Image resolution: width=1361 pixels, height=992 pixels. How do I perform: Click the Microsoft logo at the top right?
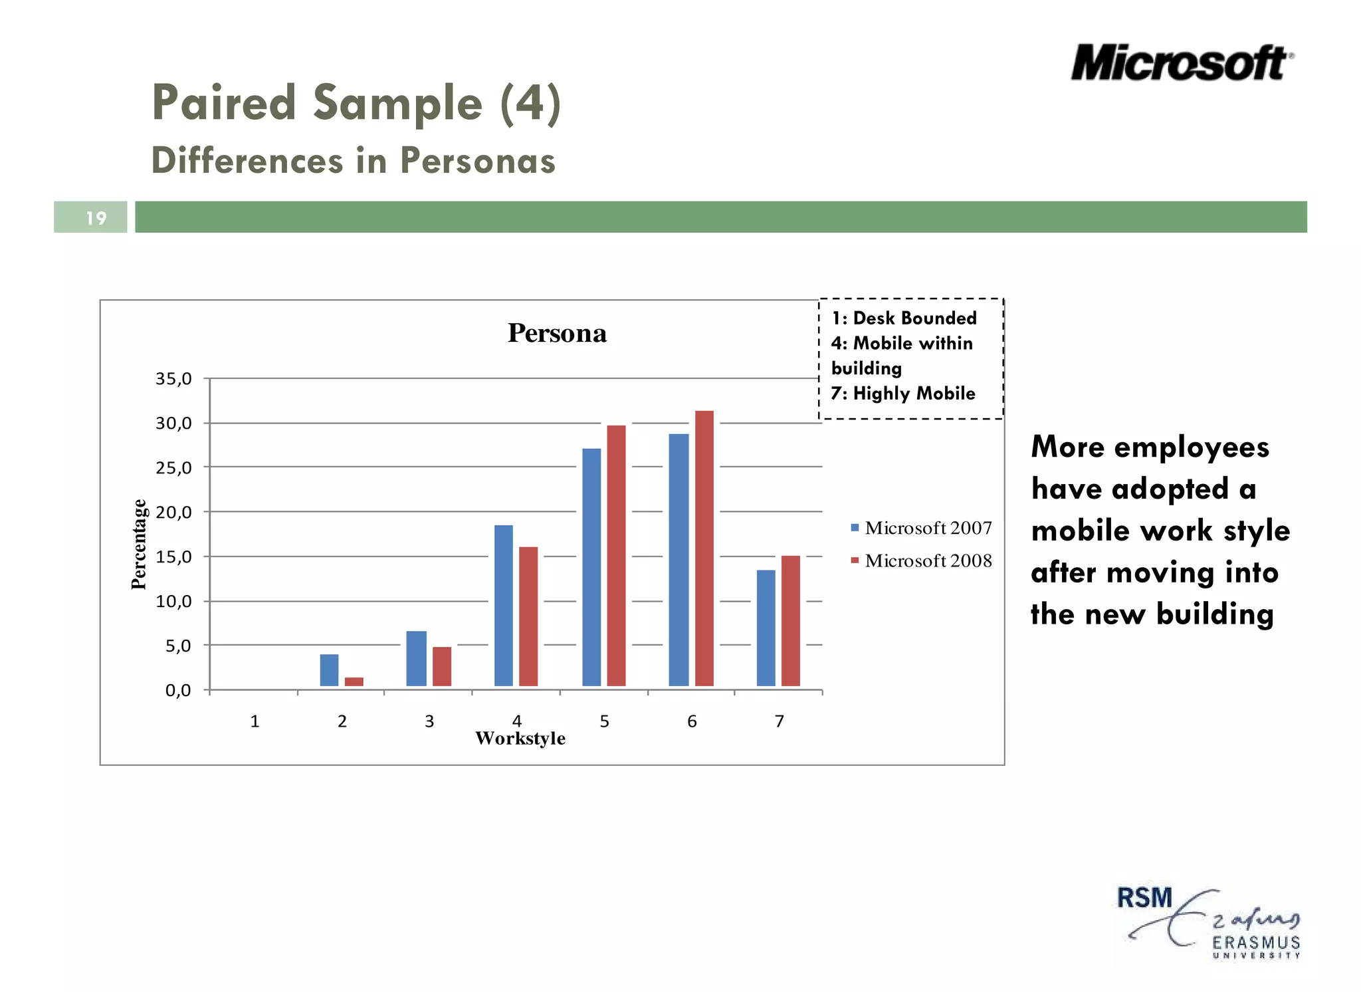click(1182, 64)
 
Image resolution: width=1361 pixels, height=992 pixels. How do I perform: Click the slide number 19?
click(96, 218)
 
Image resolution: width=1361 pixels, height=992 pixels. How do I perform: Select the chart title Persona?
click(557, 333)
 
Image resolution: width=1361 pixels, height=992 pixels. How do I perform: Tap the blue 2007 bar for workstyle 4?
click(503, 605)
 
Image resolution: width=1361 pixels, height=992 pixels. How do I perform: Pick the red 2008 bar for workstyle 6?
click(704, 549)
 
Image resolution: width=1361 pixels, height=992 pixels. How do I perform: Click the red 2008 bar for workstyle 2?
click(354, 682)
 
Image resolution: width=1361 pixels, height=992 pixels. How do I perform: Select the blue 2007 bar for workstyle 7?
click(766, 628)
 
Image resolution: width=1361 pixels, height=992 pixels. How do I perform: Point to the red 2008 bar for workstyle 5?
click(616, 555)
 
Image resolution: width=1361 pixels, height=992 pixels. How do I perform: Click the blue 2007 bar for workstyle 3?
click(416, 658)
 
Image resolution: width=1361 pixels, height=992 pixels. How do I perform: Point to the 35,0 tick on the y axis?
click(174, 379)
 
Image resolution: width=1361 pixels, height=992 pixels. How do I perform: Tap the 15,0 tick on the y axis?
click(174, 557)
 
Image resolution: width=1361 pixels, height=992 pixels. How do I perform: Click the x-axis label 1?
click(255, 721)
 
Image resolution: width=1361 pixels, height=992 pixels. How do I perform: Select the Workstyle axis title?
click(520, 738)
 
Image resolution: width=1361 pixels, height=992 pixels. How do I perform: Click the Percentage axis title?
click(139, 544)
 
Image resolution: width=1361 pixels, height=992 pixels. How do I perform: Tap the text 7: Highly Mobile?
click(903, 393)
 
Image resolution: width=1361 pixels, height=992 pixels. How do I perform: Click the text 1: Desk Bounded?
click(904, 318)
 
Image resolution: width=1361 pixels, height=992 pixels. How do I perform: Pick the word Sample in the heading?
click(397, 103)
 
